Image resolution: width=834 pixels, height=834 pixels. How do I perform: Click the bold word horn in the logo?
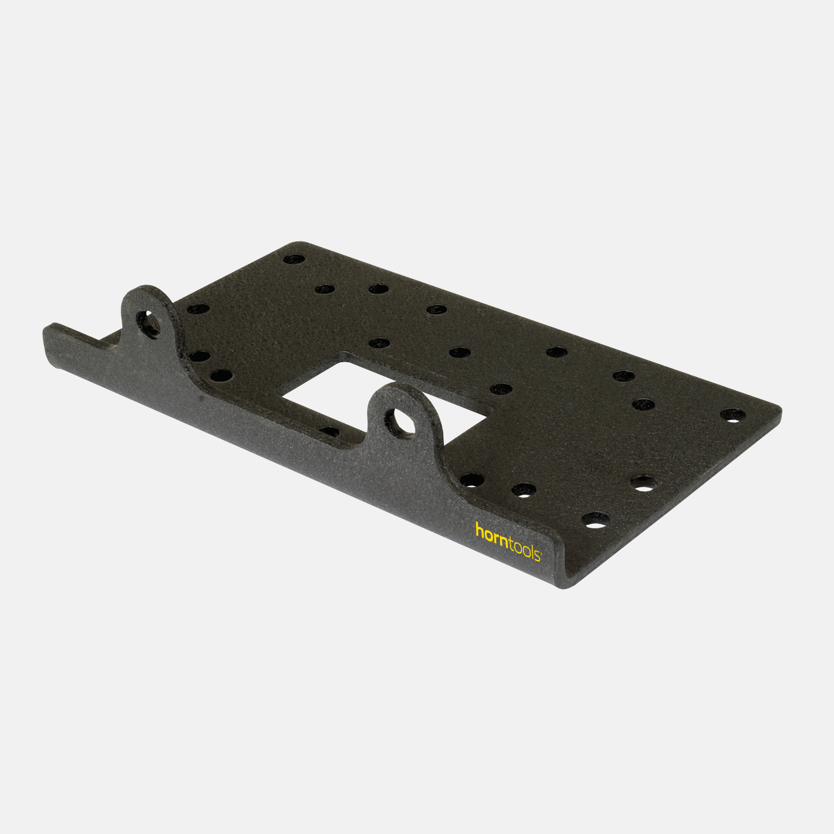(492, 533)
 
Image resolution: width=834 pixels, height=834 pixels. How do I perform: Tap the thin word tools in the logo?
(525, 550)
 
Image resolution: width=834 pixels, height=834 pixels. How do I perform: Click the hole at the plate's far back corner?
(294, 259)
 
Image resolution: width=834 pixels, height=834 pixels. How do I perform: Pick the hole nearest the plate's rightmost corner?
(733, 415)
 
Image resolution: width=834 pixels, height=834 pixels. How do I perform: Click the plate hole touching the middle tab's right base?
(472, 480)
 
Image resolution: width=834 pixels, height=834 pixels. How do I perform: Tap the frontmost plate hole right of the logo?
(596, 520)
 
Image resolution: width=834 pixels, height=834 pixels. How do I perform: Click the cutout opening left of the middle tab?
(324, 396)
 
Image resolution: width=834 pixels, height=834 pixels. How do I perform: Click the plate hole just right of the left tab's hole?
(198, 309)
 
